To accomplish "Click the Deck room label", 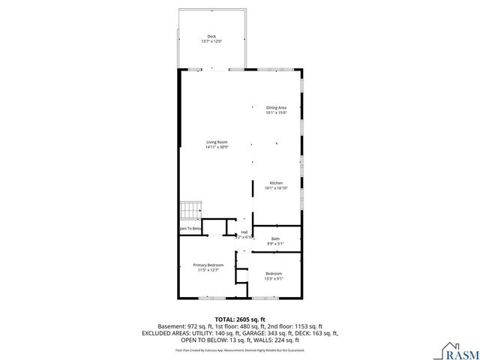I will [211, 36].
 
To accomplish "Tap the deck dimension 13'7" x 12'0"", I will [211, 41].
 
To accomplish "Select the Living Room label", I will [217, 142].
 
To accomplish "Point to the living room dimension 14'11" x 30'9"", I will [217, 147].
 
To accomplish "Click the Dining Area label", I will [276, 107].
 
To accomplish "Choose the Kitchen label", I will [275, 183].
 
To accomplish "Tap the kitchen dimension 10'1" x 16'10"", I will [275, 188].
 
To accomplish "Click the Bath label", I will [275, 238].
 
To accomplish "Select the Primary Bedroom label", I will [208, 265].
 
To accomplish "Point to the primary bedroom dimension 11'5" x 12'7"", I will [208, 270].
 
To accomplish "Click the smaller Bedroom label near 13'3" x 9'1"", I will [274, 273].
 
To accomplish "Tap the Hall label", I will [244, 232].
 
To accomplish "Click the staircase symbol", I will [190, 211].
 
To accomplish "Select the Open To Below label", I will [190, 228].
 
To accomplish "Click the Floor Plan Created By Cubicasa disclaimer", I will [239, 349].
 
